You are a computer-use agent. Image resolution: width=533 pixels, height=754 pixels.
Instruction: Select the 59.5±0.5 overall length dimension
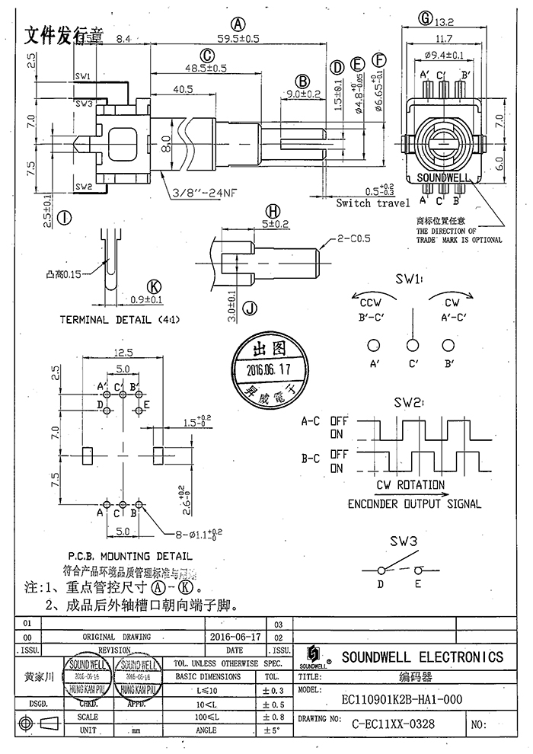coord(238,37)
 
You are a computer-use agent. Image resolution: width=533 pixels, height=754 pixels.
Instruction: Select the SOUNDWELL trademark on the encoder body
coord(442,179)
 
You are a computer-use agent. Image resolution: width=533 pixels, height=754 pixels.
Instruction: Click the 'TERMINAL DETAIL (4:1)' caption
coord(116,320)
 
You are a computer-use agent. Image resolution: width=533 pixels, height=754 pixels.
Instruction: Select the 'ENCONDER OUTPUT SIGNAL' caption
coord(414,503)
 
